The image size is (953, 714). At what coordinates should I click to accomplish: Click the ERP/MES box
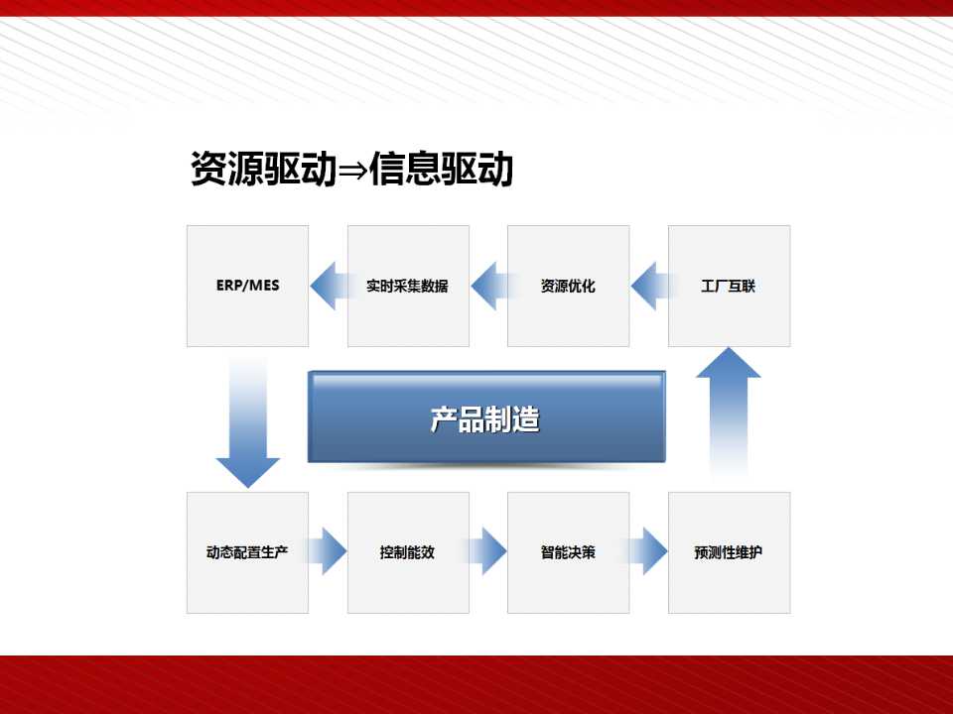coord(247,286)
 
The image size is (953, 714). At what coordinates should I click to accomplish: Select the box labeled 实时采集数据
coord(408,286)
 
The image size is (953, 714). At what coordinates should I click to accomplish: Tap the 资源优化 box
coord(568,286)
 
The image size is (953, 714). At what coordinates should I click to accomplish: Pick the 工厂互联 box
coord(730,286)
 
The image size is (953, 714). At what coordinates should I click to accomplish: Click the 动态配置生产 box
coord(247,552)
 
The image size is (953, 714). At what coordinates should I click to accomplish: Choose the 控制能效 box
coord(408,552)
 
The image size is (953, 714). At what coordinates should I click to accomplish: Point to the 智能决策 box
coord(568,552)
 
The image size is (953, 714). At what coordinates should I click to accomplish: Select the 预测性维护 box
coord(730,552)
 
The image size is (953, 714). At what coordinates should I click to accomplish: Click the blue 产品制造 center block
coord(486,417)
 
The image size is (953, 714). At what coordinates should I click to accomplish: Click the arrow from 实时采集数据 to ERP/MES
coord(332,286)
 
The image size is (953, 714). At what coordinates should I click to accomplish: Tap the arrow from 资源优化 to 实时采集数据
coord(492,286)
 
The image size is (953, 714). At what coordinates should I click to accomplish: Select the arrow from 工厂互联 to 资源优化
coord(653,286)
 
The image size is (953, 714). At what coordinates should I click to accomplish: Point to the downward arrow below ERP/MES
coord(248,422)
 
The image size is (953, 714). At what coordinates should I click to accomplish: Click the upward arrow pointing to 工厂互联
coord(728,413)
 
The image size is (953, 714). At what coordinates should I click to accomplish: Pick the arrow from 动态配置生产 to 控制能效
coord(327,551)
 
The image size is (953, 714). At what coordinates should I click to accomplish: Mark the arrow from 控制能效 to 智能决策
coord(486,551)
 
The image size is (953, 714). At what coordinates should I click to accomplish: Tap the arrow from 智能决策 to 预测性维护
coord(646,551)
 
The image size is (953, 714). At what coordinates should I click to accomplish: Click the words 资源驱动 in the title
coord(264,169)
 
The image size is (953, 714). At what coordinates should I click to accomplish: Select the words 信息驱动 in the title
coord(441,169)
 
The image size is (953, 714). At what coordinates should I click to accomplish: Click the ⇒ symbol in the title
coord(352,170)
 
